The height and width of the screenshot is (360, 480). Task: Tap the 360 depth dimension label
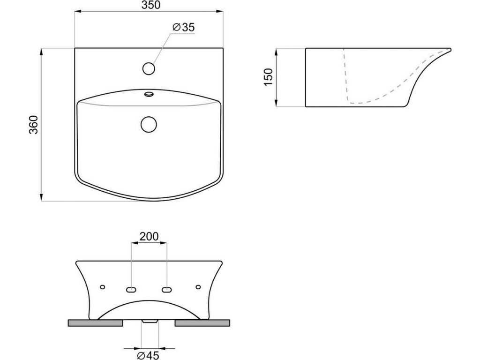click(x=33, y=125)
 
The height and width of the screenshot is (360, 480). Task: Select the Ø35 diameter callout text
click(x=183, y=27)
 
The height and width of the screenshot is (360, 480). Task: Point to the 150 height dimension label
click(x=268, y=77)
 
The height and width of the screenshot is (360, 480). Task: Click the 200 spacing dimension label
click(x=149, y=236)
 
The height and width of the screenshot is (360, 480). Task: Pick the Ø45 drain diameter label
click(x=148, y=355)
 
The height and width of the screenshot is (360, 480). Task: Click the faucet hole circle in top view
click(x=149, y=68)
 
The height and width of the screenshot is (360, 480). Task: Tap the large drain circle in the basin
click(x=149, y=125)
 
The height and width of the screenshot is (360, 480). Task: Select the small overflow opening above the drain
click(x=149, y=93)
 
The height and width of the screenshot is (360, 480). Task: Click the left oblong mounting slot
click(x=131, y=290)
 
